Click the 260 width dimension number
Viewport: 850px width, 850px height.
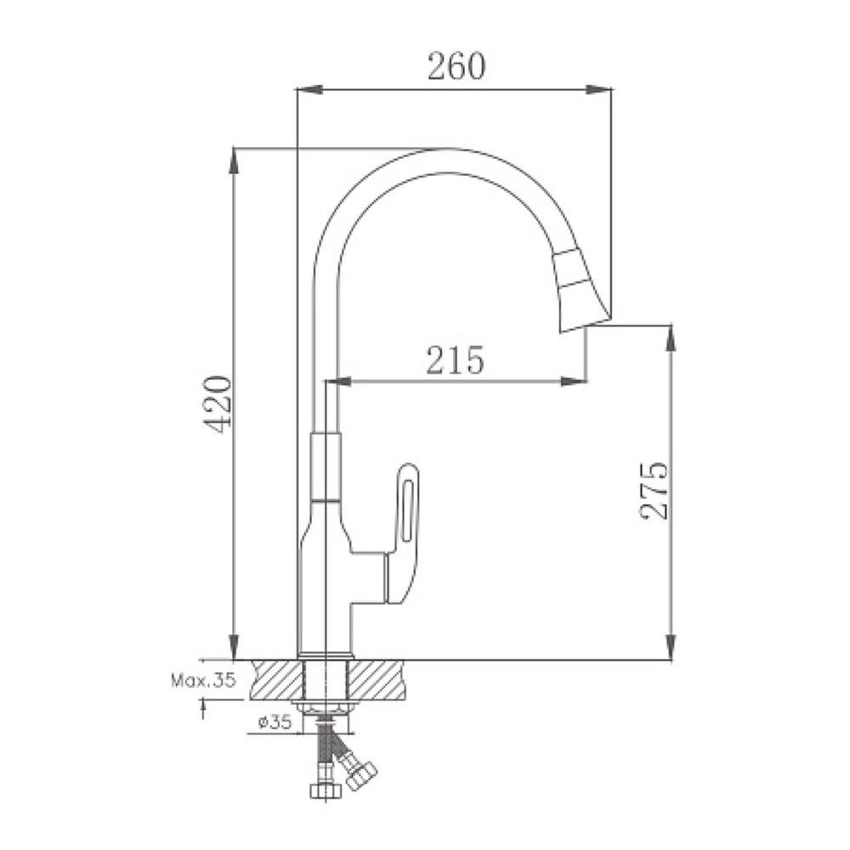coord(456,66)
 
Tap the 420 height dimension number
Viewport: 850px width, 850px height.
coord(218,404)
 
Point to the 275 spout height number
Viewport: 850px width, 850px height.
coord(654,491)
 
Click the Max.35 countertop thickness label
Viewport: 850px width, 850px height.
coord(204,680)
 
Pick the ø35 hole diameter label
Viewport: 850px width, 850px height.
coord(275,722)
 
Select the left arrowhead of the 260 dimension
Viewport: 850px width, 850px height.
coord(310,90)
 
